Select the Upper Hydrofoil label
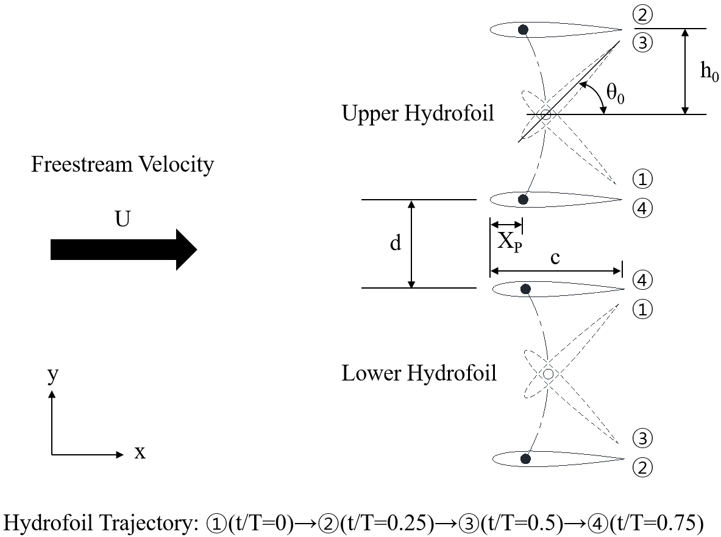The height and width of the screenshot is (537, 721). pos(417,114)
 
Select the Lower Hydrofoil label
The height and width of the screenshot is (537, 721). pos(419,373)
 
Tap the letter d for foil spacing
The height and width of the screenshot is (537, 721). pos(396,244)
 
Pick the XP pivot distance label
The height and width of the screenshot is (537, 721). pos(509,242)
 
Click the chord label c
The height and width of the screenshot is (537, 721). pos(555,258)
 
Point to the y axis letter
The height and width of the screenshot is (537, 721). pos(53,373)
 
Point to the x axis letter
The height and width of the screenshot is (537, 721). pos(140,453)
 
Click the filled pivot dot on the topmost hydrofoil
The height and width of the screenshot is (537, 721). pos(522,29)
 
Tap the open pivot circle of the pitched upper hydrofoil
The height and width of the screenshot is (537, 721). pos(545,114)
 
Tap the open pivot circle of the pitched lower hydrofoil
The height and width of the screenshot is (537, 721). pos(548,374)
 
